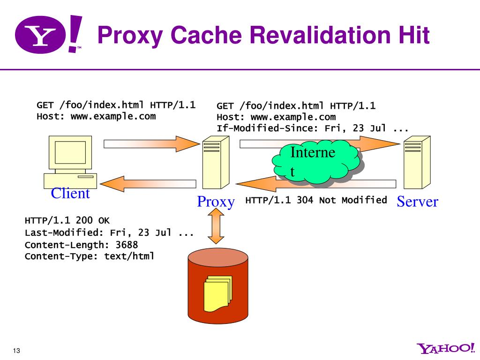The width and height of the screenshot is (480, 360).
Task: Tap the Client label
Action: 70,193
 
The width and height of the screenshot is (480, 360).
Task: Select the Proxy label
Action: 216,202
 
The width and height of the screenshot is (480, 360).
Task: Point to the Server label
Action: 417,202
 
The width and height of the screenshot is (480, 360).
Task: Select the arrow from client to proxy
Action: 145,143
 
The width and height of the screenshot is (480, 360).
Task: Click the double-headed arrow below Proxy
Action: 216,226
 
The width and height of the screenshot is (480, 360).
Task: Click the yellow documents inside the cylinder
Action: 217,293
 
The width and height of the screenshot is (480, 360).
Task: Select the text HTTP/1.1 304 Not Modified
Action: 316,200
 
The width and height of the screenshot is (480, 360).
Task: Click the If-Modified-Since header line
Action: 313,128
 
